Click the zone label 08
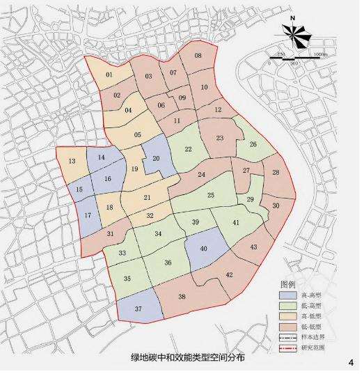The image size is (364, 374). (x=198, y=56)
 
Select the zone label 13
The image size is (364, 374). (x=72, y=162)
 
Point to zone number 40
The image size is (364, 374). (x=204, y=249)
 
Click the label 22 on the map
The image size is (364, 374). (x=188, y=149)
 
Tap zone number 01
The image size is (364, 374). (x=109, y=75)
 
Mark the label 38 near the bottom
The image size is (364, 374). (x=182, y=297)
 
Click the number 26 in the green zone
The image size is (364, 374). (x=253, y=145)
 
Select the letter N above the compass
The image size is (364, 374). (x=294, y=20)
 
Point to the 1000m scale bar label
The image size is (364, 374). (x=320, y=54)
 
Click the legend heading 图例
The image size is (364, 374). (x=288, y=285)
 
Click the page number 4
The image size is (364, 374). (x=350, y=361)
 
